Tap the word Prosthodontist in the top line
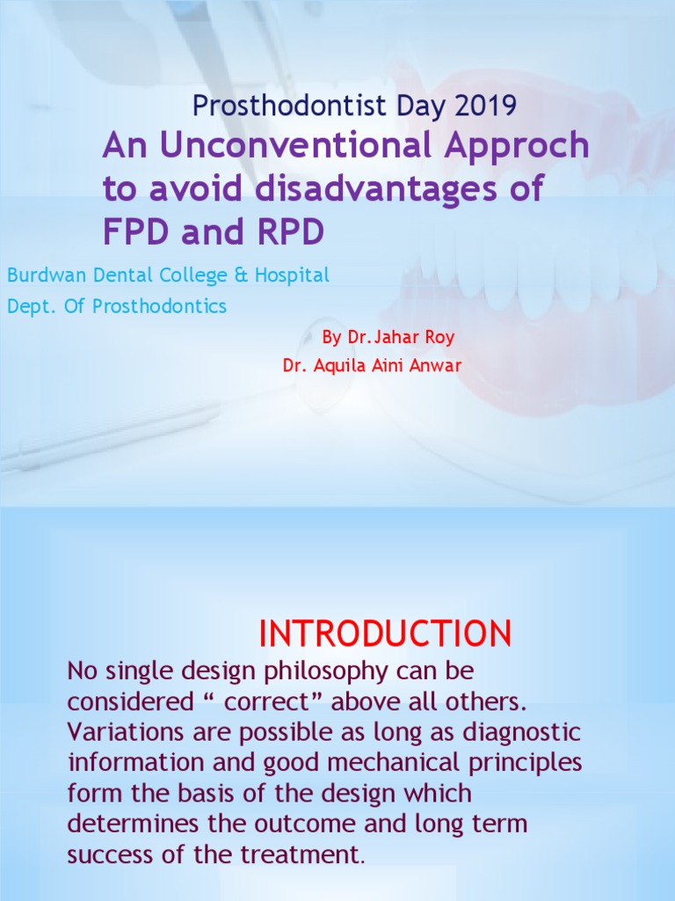(289, 106)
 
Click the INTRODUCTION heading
(385, 634)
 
